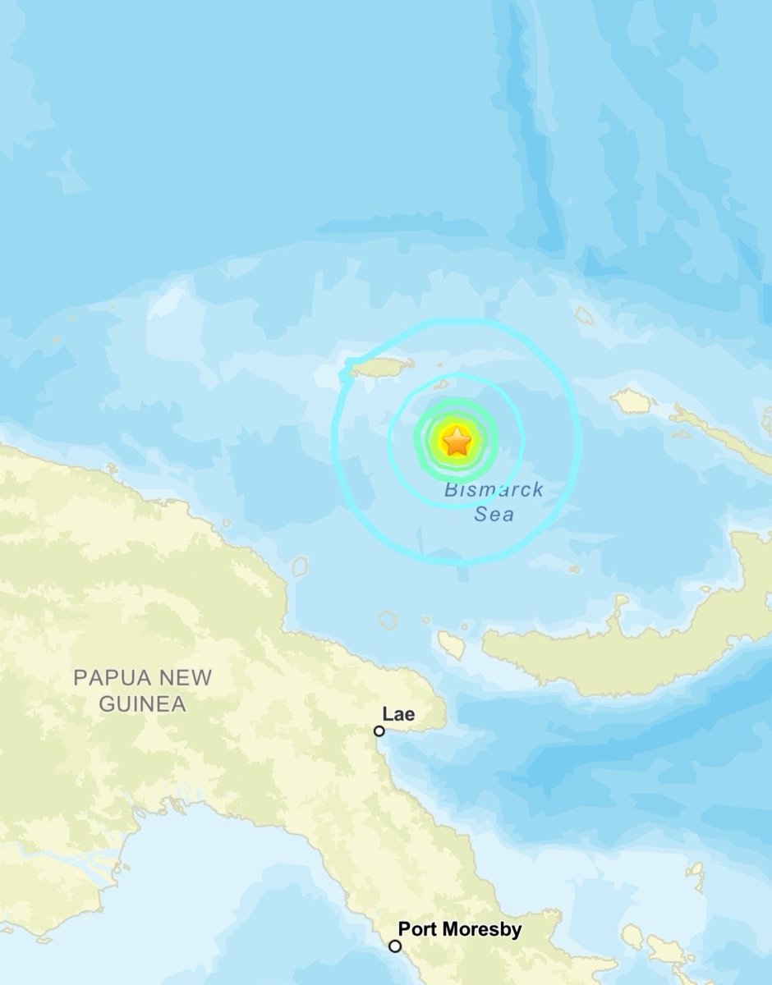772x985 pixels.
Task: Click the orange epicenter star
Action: click(x=457, y=443)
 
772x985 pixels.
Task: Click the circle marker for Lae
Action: click(x=379, y=731)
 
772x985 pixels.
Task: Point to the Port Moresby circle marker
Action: click(x=395, y=946)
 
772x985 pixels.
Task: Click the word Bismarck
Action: click(x=494, y=491)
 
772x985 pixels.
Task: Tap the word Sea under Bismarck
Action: click(x=494, y=515)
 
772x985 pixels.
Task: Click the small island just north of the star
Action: click(x=441, y=384)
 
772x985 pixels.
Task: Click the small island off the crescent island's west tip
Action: click(x=451, y=645)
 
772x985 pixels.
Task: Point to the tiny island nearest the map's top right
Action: click(x=585, y=316)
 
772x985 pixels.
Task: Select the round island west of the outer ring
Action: click(x=300, y=566)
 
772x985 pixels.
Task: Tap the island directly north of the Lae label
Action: click(x=388, y=620)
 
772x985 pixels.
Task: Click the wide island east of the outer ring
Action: click(x=631, y=401)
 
